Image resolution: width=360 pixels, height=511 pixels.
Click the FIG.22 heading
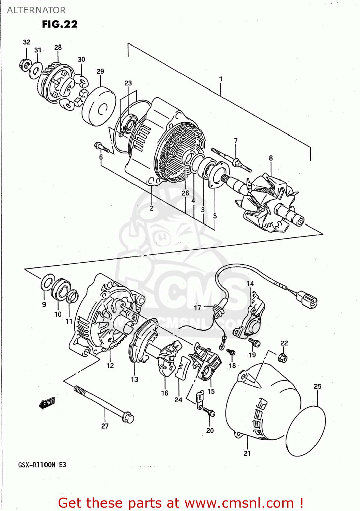[x=60, y=24]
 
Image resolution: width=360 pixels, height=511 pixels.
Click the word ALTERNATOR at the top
[x=36, y=10]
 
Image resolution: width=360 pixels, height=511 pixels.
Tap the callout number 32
[x=27, y=42]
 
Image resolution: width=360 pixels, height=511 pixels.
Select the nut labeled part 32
[x=25, y=64]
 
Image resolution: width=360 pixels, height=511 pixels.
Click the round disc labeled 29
[x=99, y=106]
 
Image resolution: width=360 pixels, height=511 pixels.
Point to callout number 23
[x=128, y=83]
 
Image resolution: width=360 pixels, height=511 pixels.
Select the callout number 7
[x=235, y=141]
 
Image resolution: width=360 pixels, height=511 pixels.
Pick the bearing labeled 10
[x=60, y=290]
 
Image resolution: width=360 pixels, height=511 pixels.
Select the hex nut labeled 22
[x=282, y=358]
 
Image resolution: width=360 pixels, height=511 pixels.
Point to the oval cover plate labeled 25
[x=306, y=431]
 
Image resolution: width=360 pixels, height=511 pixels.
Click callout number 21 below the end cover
[x=247, y=453]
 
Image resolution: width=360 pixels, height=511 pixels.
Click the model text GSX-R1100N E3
[x=42, y=465]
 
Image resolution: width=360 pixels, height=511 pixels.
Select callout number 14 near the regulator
[x=250, y=283]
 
